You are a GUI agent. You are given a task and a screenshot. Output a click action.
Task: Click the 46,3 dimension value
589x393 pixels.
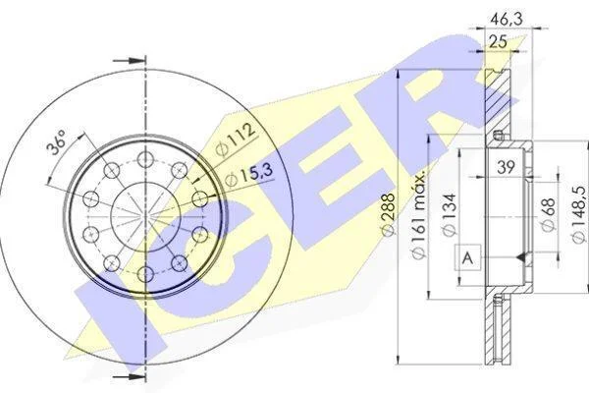pos(505,19)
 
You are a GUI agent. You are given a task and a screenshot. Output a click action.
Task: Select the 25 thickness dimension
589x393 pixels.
pos(498,41)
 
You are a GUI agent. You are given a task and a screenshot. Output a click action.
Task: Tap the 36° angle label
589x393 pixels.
pos(56,142)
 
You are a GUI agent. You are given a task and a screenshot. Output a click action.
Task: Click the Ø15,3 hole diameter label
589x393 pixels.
pos(249,175)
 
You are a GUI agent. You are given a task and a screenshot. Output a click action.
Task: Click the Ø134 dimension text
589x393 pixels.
pos(449,214)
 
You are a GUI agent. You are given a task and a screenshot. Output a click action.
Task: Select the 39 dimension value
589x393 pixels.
pos(506,167)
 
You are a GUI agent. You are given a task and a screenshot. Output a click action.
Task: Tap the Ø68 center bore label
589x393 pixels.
pos(548,214)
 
